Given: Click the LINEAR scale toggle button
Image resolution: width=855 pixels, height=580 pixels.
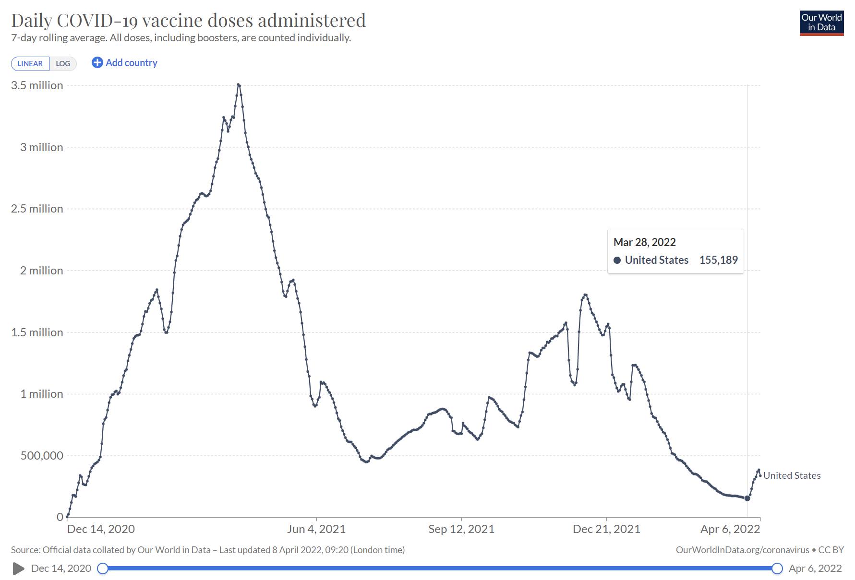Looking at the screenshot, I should [30, 63].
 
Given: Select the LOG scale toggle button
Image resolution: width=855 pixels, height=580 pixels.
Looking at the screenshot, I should [63, 63].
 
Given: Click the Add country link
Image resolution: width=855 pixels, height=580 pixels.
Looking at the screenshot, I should [125, 63].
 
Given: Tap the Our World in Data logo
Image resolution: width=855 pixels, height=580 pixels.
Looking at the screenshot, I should [821, 23].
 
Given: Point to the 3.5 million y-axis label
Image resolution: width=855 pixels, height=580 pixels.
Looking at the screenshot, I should [37, 85].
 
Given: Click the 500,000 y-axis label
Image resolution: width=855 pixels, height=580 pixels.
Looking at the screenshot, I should [42, 456].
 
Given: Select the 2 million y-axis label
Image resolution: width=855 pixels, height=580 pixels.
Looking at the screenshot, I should [41, 271].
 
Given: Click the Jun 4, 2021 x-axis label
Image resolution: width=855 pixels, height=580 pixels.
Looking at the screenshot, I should [316, 529].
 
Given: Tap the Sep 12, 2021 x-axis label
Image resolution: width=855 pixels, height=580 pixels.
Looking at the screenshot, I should [461, 529].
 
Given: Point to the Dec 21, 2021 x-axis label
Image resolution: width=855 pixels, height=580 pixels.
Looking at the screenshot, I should [606, 529].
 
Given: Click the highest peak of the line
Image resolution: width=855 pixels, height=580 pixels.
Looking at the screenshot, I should [239, 85].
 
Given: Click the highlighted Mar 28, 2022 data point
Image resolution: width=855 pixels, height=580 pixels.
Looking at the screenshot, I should [747, 498].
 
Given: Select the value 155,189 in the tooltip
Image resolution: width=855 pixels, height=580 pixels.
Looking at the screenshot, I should [718, 260].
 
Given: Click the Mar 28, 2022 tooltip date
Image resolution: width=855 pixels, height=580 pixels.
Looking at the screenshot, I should [644, 242].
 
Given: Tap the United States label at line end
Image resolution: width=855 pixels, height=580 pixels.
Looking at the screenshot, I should [792, 475].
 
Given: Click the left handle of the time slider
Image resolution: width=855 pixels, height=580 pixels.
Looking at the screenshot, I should [102, 568].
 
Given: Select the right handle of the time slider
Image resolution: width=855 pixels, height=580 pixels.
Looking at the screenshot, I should [777, 568].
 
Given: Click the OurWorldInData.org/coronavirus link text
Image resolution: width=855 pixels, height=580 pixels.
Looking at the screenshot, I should [742, 550].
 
